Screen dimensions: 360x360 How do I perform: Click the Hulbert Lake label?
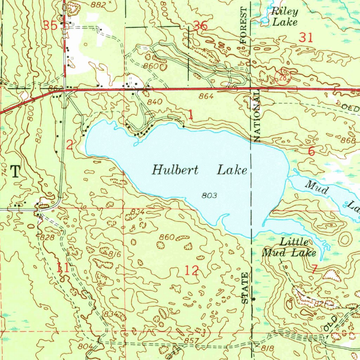click(x=199, y=171)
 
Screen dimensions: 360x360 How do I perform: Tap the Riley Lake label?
click(x=284, y=17)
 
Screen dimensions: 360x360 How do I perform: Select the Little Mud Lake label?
click(x=289, y=247)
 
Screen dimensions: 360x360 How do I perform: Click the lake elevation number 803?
click(x=210, y=195)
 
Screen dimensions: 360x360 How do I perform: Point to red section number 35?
click(x=50, y=25)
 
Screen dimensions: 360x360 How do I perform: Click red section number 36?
click(x=200, y=26)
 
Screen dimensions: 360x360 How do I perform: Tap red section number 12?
click(x=192, y=270)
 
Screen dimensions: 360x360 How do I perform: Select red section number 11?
click(x=63, y=268)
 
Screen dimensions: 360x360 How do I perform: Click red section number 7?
click(x=315, y=269)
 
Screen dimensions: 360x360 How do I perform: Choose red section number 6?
click(x=311, y=151)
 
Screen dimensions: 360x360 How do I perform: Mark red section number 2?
click(x=70, y=144)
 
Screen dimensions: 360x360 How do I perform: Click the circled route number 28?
click(x=283, y=78)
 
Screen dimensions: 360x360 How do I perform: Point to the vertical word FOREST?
click(x=244, y=25)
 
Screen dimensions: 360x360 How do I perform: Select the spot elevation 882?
click(x=98, y=4)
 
